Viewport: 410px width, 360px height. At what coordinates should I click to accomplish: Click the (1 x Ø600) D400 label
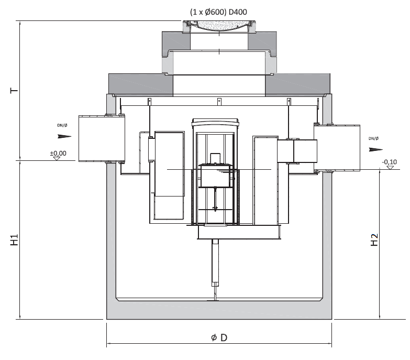coord(218,12)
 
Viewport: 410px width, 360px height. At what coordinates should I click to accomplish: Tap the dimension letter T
coord(14,91)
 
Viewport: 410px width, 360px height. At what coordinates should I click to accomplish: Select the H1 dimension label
coord(14,239)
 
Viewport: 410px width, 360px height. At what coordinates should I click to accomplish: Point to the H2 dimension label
coord(374,239)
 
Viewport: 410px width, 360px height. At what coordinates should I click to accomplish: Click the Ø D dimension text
coord(219,337)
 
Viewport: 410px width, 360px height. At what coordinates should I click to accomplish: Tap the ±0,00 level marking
coord(58,153)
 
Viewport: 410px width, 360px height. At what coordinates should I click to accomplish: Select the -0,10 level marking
coord(390,162)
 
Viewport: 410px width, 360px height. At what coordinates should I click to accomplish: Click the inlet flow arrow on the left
coord(64,136)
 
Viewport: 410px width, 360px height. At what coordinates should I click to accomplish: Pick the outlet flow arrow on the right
coord(376,150)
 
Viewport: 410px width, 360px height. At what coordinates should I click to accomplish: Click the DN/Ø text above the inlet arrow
coord(62,125)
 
